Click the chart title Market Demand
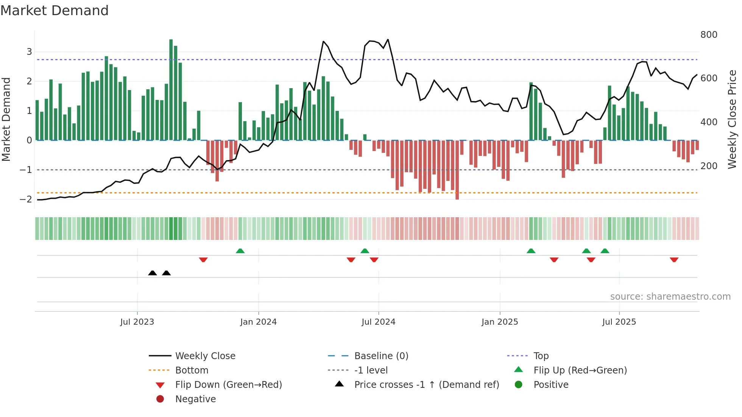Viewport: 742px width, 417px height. [55, 11]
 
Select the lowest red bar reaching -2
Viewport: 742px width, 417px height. [457, 170]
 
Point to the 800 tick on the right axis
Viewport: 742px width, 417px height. [709, 35]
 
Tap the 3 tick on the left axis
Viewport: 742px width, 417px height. [29, 52]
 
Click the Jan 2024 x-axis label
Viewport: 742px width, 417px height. [258, 322]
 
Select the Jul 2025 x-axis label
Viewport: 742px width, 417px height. [619, 322]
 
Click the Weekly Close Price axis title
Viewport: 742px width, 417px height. [732, 119]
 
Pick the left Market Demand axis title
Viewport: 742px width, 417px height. [6, 119]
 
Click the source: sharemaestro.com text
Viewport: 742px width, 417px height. [670, 297]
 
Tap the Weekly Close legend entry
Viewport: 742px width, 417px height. [205, 356]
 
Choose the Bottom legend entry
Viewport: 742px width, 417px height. [192, 370]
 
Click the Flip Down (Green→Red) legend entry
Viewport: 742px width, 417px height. [228, 385]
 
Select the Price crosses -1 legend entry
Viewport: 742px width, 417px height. [426, 385]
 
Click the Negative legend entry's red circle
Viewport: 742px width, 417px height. [160, 399]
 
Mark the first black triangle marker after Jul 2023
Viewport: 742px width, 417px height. [152, 273]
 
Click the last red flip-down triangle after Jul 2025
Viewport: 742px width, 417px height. [674, 260]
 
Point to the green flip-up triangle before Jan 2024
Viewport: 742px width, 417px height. [240, 251]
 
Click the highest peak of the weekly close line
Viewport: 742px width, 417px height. [388, 39]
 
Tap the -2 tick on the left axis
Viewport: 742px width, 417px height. [26, 199]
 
